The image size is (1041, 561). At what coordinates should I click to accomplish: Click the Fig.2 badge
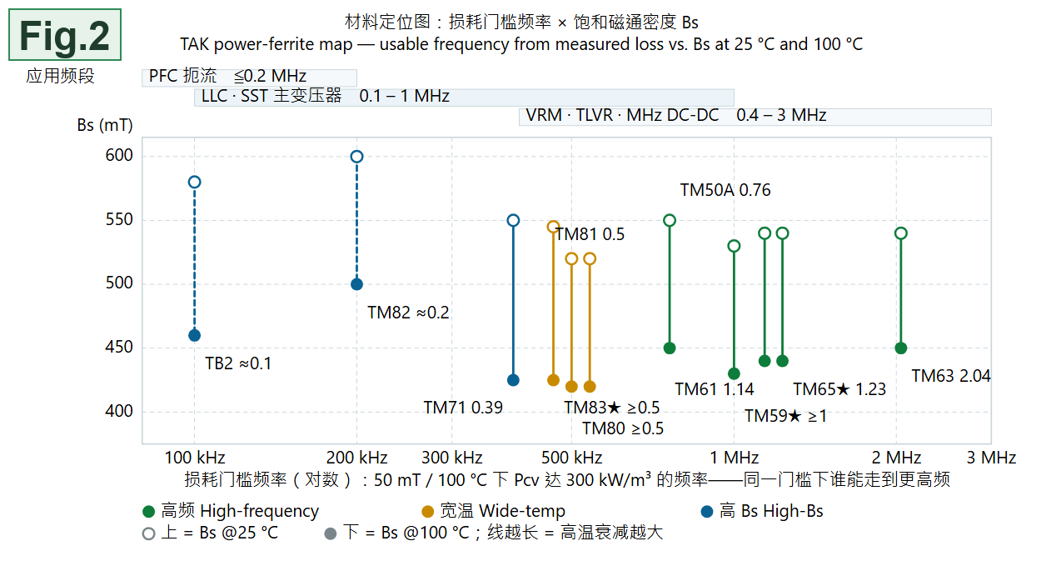(x=65, y=35)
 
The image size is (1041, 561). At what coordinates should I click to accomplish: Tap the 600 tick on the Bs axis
(x=119, y=155)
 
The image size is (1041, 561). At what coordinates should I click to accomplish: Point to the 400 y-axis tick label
(x=119, y=411)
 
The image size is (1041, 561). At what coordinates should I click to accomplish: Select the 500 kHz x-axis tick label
(x=571, y=458)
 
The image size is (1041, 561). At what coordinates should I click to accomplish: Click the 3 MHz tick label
(x=991, y=458)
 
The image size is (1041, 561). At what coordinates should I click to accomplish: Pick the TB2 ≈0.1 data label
(x=238, y=363)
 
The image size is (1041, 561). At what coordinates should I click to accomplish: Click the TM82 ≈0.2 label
(x=409, y=313)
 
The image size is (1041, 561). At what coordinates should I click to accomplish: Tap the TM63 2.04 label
(x=951, y=376)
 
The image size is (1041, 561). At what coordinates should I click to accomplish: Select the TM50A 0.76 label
(x=725, y=190)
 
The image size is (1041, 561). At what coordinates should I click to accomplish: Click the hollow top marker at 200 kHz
(x=357, y=157)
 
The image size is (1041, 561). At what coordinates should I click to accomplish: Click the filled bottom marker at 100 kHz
(x=195, y=335)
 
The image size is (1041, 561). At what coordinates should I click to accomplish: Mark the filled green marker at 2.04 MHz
(x=901, y=348)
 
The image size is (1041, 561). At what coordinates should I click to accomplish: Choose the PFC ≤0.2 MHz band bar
(x=250, y=78)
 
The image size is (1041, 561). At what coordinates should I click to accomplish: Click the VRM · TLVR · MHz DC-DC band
(x=755, y=117)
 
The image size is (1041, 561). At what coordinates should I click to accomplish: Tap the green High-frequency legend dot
(x=148, y=512)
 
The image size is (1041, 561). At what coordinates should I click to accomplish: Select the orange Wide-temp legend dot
(x=427, y=512)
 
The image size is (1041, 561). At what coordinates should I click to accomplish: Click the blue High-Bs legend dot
(x=707, y=512)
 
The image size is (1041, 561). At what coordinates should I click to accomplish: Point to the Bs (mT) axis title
(x=105, y=125)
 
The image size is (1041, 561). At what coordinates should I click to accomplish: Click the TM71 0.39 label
(x=463, y=408)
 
